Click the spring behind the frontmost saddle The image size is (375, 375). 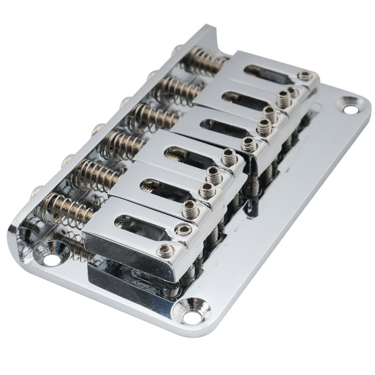(67, 206)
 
